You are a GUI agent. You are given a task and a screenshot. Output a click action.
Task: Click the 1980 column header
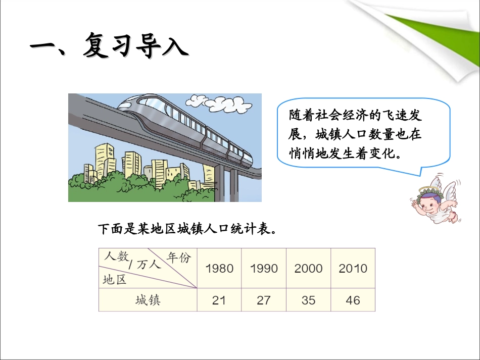(x=219, y=269)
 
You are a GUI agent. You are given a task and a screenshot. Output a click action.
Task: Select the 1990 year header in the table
(x=264, y=269)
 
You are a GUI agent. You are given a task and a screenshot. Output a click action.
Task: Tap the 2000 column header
(x=308, y=269)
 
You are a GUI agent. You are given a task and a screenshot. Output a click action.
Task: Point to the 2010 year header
(x=353, y=269)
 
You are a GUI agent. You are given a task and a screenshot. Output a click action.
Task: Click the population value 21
(x=219, y=300)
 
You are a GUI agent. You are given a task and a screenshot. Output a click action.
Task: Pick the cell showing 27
(x=264, y=300)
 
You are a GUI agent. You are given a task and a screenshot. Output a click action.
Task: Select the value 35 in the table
(x=308, y=300)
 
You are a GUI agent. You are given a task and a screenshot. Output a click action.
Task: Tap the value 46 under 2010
(x=353, y=300)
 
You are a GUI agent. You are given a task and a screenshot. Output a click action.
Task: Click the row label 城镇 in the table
(x=148, y=300)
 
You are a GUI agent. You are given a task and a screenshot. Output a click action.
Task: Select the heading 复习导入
(x=135, y=46)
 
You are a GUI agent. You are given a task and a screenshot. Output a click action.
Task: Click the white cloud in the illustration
(x=220, y=103)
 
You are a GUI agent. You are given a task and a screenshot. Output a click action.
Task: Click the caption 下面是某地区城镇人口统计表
(x=187, y=229)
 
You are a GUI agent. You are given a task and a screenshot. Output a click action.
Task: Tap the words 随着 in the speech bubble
(x=302, y=115)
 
